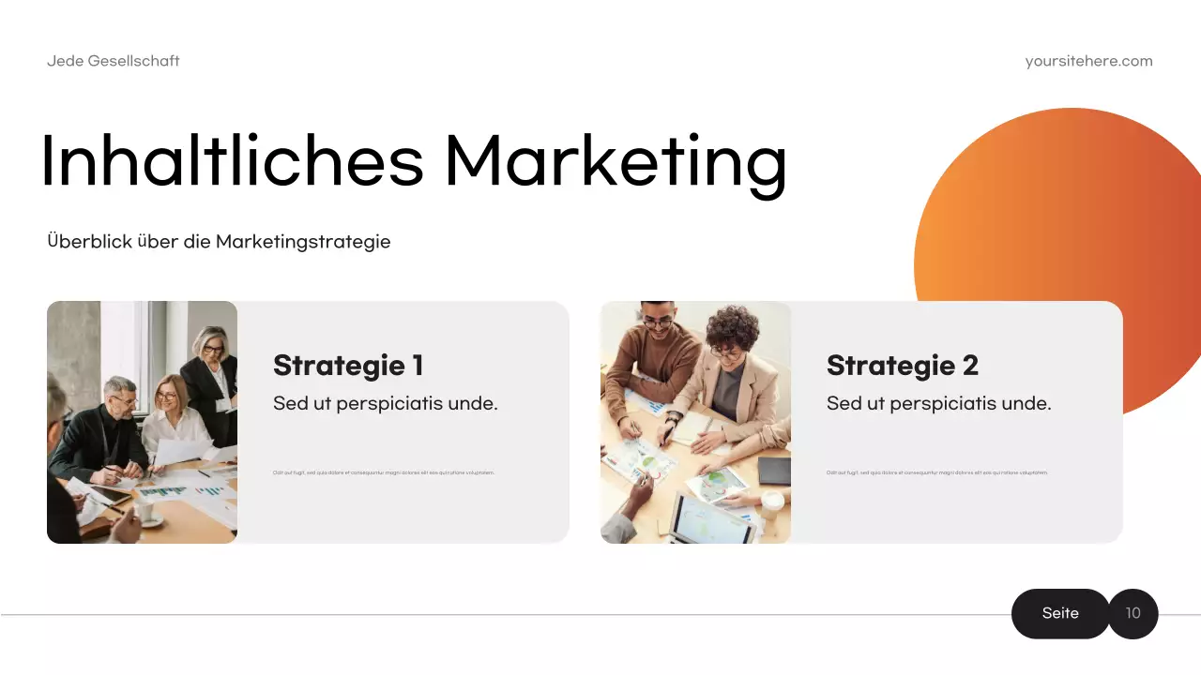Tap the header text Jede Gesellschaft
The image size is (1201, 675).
click(x=114, y=61)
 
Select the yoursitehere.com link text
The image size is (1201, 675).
click(x=1088, y=61)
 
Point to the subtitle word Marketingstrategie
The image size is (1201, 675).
click(x=303, y=241)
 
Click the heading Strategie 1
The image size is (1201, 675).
click(x=348, y=365)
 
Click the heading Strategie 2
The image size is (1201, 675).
click(x=902, y=365)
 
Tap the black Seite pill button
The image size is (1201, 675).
click(x=1060, y=613)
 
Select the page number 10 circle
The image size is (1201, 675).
click(x=1133, y=613)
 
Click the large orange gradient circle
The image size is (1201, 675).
click(x=1060, y=216)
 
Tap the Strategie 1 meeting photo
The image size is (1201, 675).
click(x=142, y=422)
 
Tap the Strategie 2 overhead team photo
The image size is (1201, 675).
click(x=695, y=422)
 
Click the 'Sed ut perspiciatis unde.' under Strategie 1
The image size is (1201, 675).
click(x=385, y=404)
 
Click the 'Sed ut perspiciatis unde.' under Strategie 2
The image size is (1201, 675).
click(x=938, y=404)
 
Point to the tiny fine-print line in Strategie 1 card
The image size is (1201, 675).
click(x=383, y=472)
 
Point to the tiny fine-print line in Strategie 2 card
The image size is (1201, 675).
click(x=936, y=472)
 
